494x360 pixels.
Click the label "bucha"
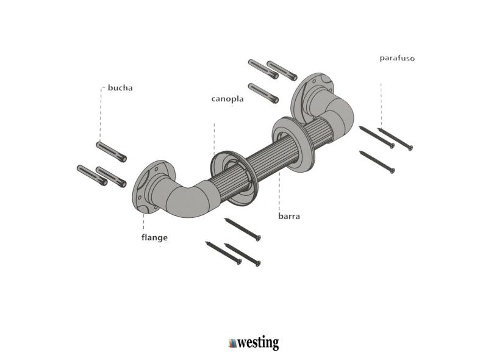tap(120, 87)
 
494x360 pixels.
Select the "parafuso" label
tap(396, 59)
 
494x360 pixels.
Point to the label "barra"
tap(288, 216)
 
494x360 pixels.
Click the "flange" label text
tap(151, 237)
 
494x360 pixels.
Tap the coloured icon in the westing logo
tap(232, 342)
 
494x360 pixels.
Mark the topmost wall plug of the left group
tap(111, 151)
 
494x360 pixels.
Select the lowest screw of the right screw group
tap(376, 161)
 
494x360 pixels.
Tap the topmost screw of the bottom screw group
tap(242, 228)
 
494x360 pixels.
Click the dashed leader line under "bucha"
tap(101, 116)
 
